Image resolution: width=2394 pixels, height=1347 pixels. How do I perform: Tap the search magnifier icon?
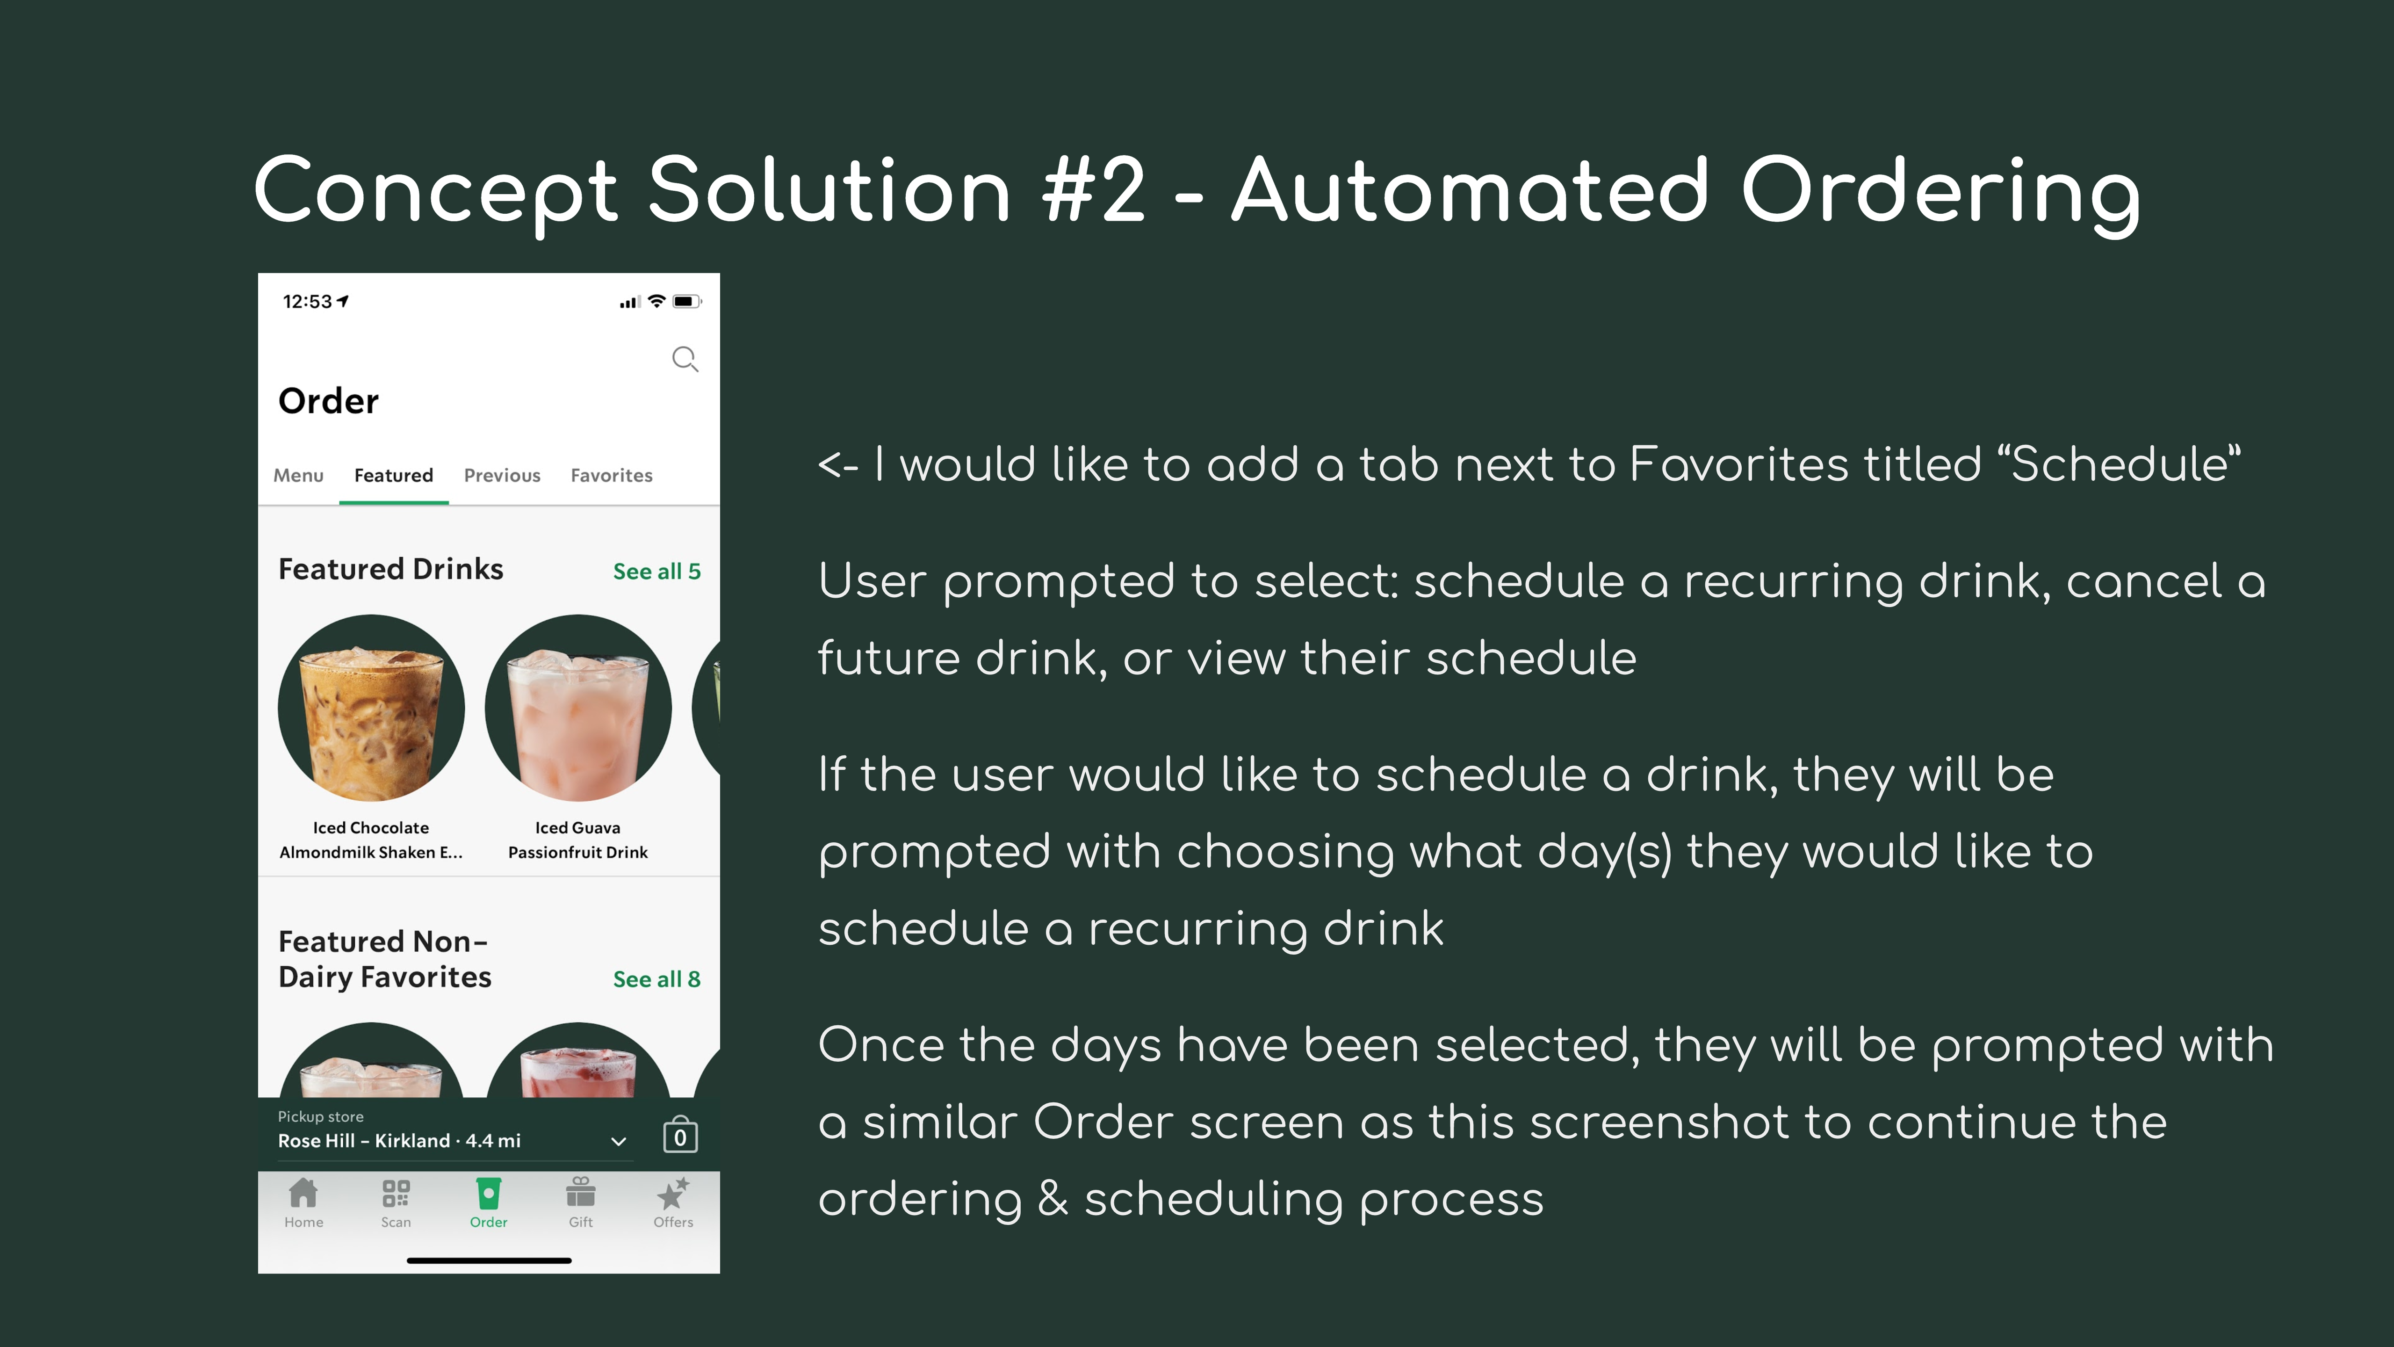coord(685,359)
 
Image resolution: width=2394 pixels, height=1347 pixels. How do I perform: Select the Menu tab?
coord(298,475)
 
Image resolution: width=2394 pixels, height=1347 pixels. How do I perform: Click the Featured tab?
coord(393,475)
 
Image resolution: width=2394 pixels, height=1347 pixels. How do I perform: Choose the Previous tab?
coord(502,475)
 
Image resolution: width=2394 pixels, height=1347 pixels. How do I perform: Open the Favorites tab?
coord(612,475)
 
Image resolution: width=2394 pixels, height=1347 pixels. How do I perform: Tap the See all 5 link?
coord(656,571)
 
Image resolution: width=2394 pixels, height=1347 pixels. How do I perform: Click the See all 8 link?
coord(656,979)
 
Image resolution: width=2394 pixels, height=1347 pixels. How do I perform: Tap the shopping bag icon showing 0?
coord(680,1135)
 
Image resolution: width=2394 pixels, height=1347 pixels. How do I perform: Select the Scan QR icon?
coord(396,1193)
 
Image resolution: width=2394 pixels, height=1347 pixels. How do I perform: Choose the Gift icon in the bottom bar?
coord(581,1192)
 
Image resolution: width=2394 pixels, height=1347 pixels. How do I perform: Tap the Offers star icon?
coord(673,1193)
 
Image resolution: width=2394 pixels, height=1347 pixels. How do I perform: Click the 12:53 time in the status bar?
coord(308,301)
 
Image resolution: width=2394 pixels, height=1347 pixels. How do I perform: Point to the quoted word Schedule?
coord(2120,464)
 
